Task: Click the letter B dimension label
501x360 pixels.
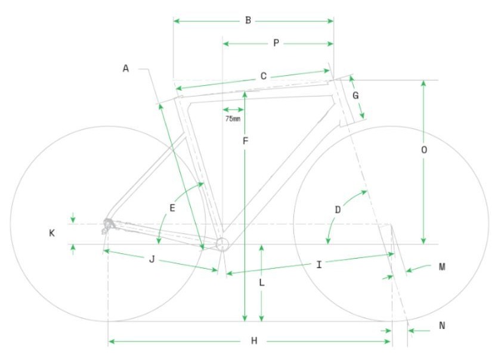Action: (248, 20)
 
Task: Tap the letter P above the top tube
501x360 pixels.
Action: (276, 43)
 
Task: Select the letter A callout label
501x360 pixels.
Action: (126, 69)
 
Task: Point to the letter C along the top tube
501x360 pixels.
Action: (264, 76)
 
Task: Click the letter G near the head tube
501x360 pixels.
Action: (355, 95)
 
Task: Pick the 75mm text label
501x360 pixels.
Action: (233, 119)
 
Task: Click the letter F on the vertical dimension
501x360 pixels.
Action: (245, 141)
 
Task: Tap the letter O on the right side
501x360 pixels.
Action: (424, 150)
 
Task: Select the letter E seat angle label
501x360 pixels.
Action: (172, 208)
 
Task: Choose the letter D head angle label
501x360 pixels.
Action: (338, 210)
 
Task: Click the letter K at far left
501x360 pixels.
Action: (52, 233)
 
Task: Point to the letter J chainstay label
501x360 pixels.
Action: (152, 259)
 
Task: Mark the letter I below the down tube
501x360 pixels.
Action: (319, 265)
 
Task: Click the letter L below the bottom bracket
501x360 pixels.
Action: (262, 283)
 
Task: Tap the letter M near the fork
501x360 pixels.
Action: (442, 267)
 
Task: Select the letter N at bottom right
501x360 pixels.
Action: (442, 325)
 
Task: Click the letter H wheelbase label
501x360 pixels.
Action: (254, 341)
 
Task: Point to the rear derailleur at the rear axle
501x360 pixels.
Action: (108, 225)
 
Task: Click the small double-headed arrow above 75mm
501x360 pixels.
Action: (233, 110)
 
